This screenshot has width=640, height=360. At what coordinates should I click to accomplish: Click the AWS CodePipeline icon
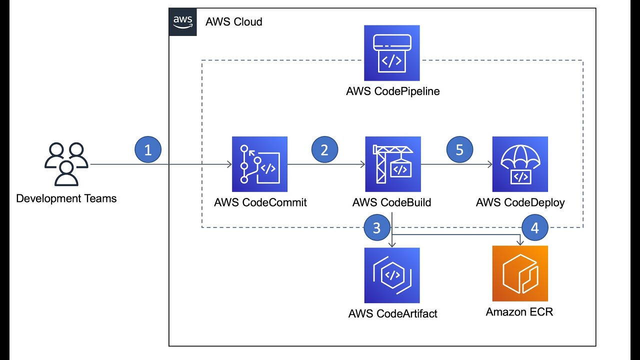pyautogui.click(x=392, y=53)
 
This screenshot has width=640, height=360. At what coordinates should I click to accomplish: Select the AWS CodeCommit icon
pyautogui.click(x=259, y=164)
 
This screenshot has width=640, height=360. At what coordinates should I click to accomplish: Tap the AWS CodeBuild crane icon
pyautogui.click(x=392, y=164)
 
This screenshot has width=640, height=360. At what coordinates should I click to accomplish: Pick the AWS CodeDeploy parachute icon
pyautogui.click(x=520, y=164)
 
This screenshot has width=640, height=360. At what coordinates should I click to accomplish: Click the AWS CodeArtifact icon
pyautogui.click(x=392, y=275)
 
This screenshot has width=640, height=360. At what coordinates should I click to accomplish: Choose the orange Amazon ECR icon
pyautogui.click(x=520, y=273)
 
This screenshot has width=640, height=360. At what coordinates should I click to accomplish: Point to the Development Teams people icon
pyautogui.click(x=66, y=164)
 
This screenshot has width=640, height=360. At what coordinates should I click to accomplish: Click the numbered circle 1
pyautogui.click(x=148, y=150)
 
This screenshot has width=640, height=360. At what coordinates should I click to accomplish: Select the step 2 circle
pyautogui.click(x=324, y=150)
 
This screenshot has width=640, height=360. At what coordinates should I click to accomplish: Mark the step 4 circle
pyautogui.click(x=534, y=228)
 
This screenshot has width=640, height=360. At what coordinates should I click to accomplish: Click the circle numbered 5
pyautogui.click(x=459, y=150)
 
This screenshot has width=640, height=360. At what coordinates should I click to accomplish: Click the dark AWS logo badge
pyautogui.click(x=183, y=22)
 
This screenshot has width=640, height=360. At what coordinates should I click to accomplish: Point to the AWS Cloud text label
pyautogui.click(x=234, y=22)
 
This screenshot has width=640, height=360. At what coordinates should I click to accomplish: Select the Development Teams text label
pyautogui.click(x=66, y=198)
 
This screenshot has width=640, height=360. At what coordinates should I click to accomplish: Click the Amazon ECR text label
pyautogui.click(x=519, y=312)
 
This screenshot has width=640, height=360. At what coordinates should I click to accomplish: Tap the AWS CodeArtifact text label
pyautogui.click(x=392, y=314)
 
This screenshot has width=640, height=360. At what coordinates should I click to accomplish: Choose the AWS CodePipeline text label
pyautogui.click(x=392, y=91)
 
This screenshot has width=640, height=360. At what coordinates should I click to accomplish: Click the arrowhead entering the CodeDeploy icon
pyautogui.click(x=489, y=164)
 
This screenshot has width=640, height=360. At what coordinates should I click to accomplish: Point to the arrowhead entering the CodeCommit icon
pyautogui.click(x=229, y=164)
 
